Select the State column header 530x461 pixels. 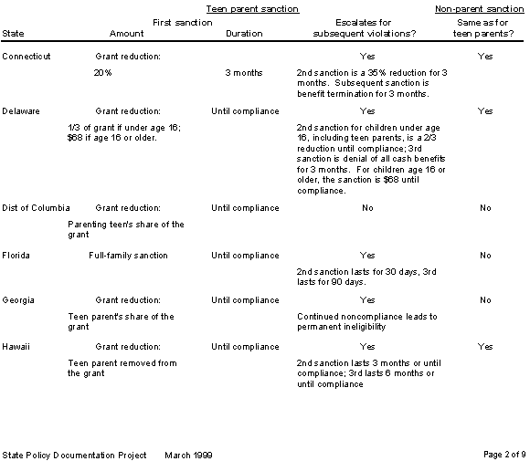(x=14, y=33)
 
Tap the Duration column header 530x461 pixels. (x=243, y=33)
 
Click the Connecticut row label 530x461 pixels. (x=26, y=57)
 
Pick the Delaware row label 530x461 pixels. (x=22, y=111)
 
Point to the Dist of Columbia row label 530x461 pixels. (x=37, y=208)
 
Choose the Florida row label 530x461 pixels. (x=16, y=256)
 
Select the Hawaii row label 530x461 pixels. (x=16, y=347)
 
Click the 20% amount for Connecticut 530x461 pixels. (x=102, y=73)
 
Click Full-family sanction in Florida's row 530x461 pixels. (x=128, y=256)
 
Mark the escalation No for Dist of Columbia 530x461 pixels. (x=367, y=208)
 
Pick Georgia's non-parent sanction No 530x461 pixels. (x=485, y=300)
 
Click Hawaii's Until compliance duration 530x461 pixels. (x=245, y=347)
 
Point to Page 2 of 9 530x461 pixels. (x=503, y=454)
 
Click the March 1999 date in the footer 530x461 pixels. (x=189, y=454)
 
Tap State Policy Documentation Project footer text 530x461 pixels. (x=74, y=454)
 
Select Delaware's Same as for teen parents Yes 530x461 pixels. (x=485, y=111)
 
